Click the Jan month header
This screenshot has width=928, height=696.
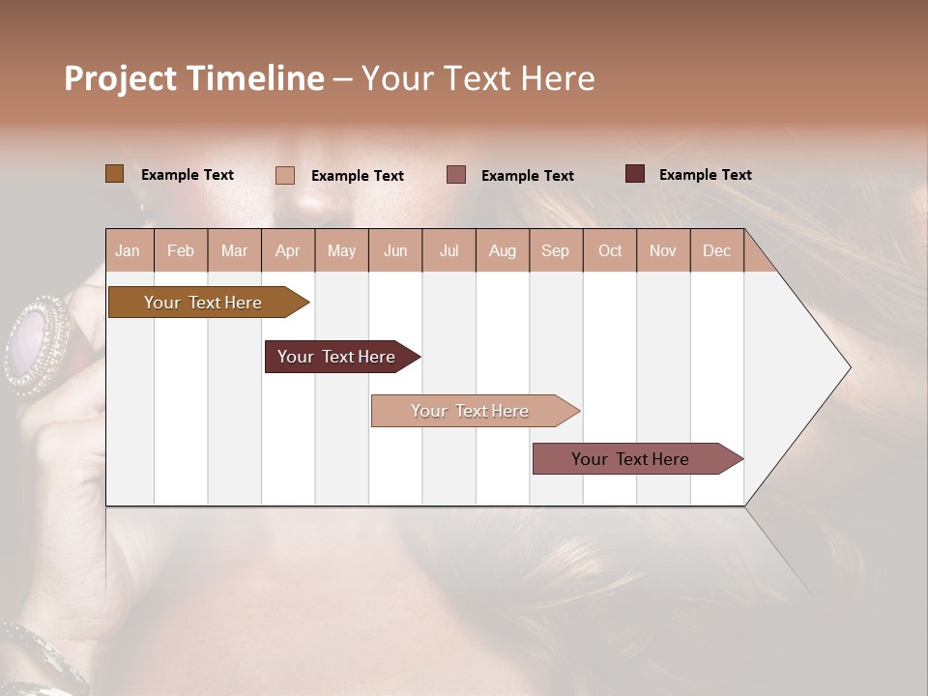(x=128, y=250)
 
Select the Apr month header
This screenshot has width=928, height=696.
(x=287, y=250)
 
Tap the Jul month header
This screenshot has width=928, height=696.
(x=449, y=250)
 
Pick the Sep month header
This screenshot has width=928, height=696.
(x=555, y=250)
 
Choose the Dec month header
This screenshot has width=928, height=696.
(x=716, y=250)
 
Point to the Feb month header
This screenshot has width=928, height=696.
(x=181, y=250)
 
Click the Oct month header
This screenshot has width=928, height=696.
(x=610, y=250)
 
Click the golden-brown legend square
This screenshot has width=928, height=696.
(x=114, y=174)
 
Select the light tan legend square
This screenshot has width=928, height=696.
(x=284, y=175)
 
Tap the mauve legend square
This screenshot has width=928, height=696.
(x=456, y=175)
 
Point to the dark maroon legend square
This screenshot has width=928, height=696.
(x=634, y=174)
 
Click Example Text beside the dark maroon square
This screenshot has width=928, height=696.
(x=705, y=175)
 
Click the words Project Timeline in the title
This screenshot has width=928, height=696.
(x=194, y=78)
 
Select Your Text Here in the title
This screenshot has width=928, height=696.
(x=478, y=78)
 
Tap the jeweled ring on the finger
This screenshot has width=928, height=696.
(x=37, y=345)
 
